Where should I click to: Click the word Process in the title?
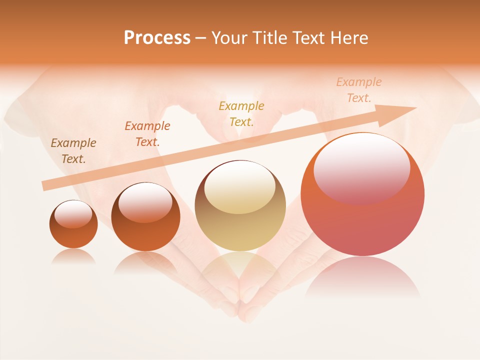157,38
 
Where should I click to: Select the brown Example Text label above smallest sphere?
73,151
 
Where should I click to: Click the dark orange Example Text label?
147,134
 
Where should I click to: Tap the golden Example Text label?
241,113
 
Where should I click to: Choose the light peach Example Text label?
358,90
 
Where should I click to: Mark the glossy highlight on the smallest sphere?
73,214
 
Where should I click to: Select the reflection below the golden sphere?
240,270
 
